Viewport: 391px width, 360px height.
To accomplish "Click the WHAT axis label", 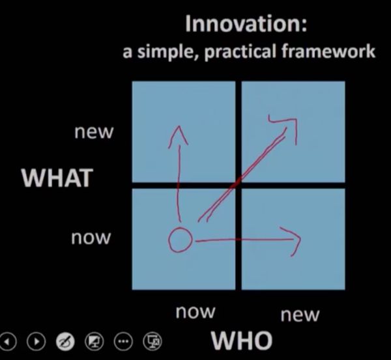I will click(x=57, y=178).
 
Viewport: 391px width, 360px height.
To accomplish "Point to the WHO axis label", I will click(x=241, y=340).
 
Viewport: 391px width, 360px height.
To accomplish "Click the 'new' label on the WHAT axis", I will click(x=94, y=132).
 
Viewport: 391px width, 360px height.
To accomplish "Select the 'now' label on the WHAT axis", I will click(x=91, y=238).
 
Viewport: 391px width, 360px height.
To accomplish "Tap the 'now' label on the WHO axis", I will click(x=195, y=312).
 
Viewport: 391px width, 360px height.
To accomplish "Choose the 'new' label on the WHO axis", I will click(x=300, y=315).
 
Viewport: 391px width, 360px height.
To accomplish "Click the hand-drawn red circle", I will click(x=180, y=240).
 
